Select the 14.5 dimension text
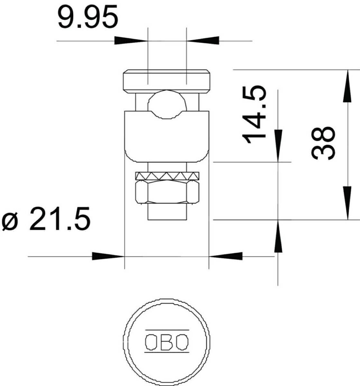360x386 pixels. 254,115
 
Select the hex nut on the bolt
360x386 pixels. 167,192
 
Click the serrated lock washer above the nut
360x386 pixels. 167,176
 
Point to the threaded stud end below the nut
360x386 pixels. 167,212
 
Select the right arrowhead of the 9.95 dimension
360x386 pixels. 203,41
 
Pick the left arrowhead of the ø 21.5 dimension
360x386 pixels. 108,256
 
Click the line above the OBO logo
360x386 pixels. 167,330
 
